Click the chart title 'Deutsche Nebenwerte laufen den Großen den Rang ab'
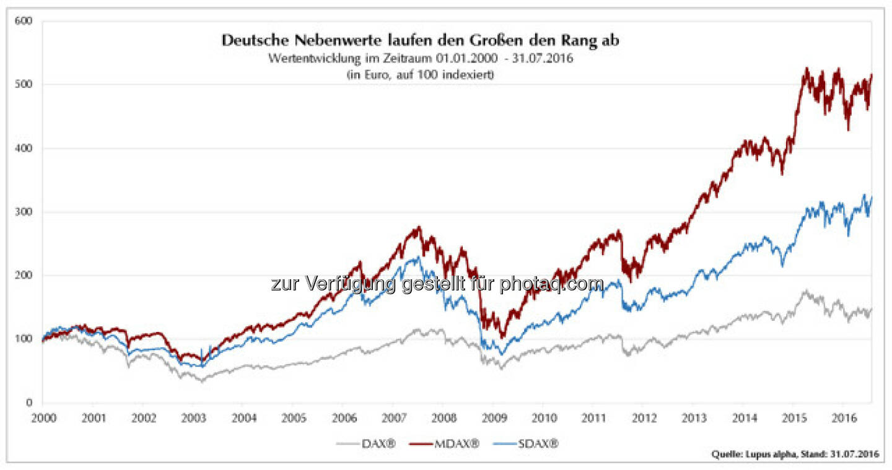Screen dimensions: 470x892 (420, 41)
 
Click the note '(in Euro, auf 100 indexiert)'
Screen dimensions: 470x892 (420, 76)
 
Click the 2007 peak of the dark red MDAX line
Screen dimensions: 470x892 (419, 227)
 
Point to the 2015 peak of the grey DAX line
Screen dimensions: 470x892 (806, 290)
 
